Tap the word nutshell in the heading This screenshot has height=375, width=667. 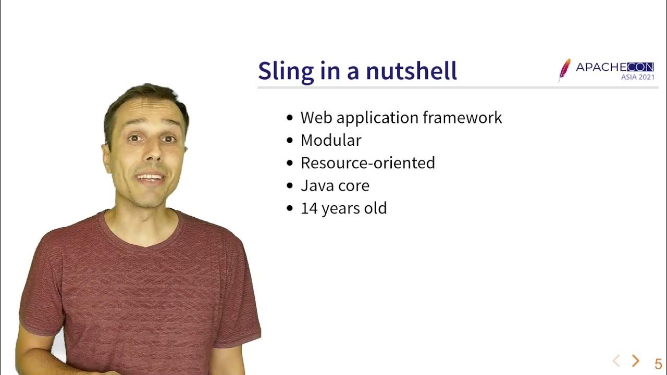point(411,71)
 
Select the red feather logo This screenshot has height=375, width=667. point(564,70)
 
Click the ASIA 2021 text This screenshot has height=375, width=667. point(637,77)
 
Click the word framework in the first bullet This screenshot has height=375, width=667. point(462,118)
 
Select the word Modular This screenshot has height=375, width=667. point(331,140)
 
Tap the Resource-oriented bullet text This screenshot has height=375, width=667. point(367,163)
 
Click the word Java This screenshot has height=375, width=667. point(316,186)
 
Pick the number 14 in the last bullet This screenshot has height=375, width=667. point(308,208)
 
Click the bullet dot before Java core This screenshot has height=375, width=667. point(290,186)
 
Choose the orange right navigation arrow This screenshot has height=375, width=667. point(635,360)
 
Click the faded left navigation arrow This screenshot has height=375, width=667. point(616,360)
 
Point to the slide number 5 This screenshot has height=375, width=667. point(658,364)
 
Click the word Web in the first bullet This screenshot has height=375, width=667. point(316,118)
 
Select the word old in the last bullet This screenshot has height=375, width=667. point(375,208)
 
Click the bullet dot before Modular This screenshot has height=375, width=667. point(290,141)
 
